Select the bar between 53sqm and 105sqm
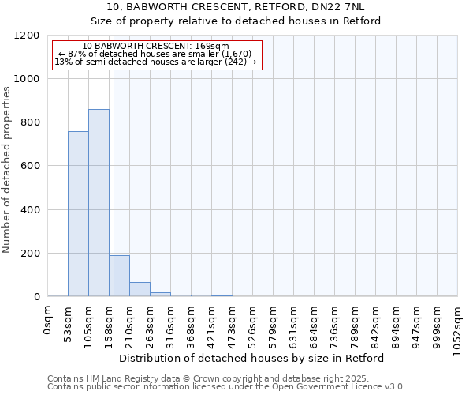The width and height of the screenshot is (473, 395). [x=78, y=213]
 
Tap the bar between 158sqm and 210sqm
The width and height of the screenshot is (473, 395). [x=119, y=276]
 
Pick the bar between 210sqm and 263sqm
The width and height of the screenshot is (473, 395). [x=140, y=289]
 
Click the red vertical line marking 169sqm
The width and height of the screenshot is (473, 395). [x=114, y=182]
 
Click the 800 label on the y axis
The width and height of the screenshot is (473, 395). [x=30, y=122]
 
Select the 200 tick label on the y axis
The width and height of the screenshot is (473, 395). [x=30, y=254]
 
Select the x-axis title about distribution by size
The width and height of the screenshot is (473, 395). [x=252, y=358]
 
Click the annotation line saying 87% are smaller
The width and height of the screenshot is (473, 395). [x=155, y=54]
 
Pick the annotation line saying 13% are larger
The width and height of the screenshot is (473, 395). [x=155, y=62]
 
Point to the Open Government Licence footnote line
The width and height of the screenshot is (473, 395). [x=226, y=387]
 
